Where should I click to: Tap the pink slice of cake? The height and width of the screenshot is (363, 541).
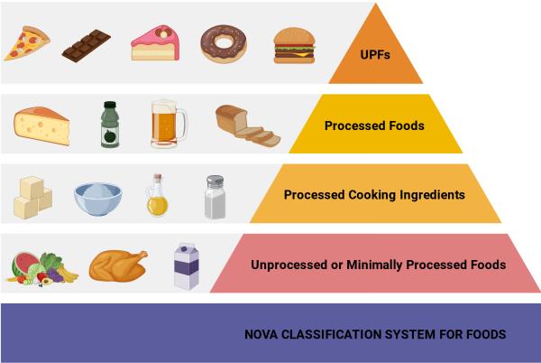155,42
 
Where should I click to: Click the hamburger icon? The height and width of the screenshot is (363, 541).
294,43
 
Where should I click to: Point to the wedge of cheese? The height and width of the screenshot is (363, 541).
41,125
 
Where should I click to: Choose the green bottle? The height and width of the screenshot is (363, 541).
110,124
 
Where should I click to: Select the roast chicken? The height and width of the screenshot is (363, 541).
119,265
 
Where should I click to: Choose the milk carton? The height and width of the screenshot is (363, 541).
186,265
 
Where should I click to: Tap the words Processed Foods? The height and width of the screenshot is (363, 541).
374,126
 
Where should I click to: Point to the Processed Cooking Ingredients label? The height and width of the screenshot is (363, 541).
374,194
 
